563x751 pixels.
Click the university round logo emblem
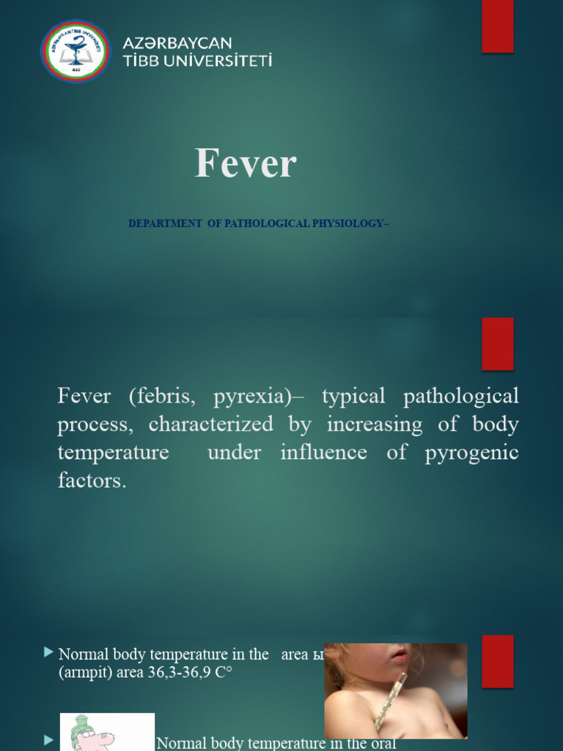(76, 51)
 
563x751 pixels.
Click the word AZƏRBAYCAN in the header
(177, 43)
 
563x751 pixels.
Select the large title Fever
(245, 163)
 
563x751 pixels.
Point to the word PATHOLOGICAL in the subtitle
(266, 224)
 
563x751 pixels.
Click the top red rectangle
(497, 26)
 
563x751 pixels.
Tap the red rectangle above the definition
(497, 343)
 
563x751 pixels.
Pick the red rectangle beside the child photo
(497, 661)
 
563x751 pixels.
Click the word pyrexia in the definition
(251, 397)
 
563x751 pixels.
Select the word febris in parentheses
(163, 397)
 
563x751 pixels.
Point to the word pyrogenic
(471, 453)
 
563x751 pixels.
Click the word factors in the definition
(91, 481)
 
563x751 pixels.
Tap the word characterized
(210, 425)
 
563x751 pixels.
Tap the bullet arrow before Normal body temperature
(49, 652)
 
